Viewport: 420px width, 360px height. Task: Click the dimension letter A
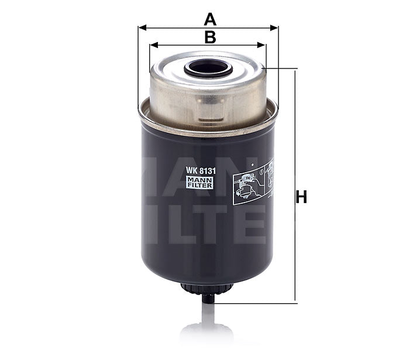tap(209, 19)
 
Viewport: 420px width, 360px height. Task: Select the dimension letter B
tap(209, 37)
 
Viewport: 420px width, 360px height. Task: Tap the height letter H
tap(301, 198)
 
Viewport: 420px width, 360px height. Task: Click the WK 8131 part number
tap(199, 171)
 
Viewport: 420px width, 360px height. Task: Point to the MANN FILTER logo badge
tap(199, 183)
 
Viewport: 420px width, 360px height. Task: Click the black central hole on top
tap(208, 69)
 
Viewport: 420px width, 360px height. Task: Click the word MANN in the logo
tap(199, 180)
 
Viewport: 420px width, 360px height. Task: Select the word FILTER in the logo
tap(199, 186)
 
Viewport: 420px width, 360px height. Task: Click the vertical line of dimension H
tap(295, 146)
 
